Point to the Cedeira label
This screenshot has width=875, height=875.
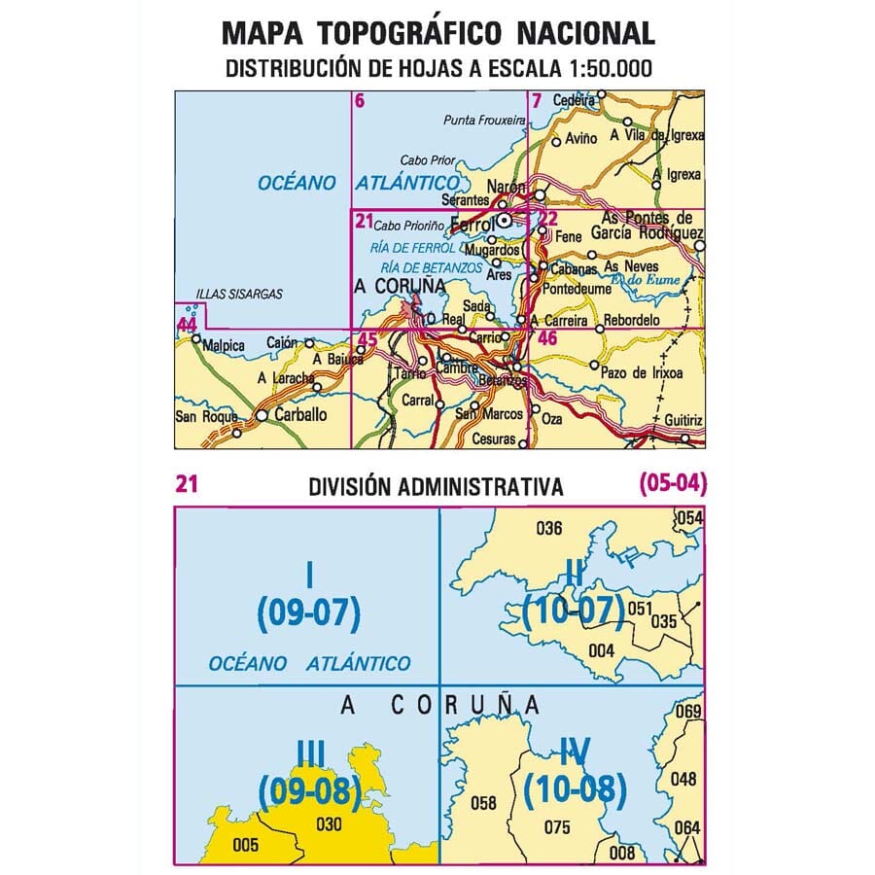[573, 100]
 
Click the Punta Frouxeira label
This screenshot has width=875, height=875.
[483, 121]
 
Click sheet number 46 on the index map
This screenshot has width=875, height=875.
[547, 339]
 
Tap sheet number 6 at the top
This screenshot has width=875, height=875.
[360, 100]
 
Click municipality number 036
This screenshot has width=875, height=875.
[549, 529]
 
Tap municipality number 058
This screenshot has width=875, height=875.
[483, 803]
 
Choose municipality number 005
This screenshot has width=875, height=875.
[247, 845]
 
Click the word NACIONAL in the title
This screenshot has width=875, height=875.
[584, 33]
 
